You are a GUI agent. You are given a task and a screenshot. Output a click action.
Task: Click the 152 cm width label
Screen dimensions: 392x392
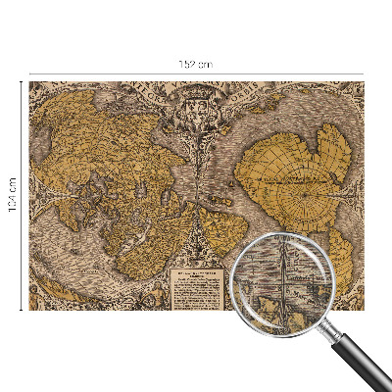pos(196,64)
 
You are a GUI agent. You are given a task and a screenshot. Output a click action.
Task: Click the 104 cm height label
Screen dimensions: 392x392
pos(11,196)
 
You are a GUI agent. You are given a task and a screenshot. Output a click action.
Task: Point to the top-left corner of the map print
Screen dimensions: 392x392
pos(29,82)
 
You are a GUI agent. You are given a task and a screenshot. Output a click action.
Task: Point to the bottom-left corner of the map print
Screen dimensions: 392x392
pos(29,310)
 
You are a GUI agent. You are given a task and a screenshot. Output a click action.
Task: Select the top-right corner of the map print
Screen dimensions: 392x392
pos(364,82)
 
